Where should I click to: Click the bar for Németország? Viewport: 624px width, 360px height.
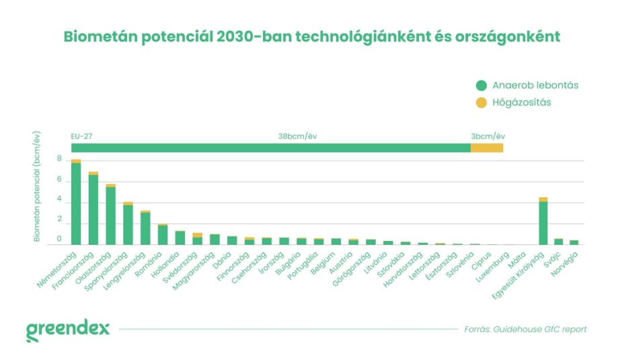(x=76, y=203)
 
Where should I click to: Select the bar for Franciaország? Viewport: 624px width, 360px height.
(x=93, y=209)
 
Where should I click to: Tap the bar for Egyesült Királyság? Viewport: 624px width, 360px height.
(x=543, y=222)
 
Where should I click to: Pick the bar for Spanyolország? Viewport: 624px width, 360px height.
(x=128, y=224)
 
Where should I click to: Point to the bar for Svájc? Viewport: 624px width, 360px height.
(x=559, y=242)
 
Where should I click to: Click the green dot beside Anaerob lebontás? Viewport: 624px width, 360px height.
(x=481, y=85)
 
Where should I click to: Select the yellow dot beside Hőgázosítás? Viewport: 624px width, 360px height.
(x=481, y=103)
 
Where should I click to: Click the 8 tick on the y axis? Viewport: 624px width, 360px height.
(x=59, y=159)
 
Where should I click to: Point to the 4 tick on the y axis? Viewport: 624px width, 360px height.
(x=59, y=200)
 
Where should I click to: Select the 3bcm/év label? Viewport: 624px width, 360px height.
(x=487, y=136)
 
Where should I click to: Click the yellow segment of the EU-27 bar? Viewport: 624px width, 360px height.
(x=486, y=147)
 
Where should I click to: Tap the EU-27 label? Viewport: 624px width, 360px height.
(x=81, y=136)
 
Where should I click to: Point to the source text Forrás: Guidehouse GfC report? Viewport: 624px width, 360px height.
(x=525, y=329)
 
